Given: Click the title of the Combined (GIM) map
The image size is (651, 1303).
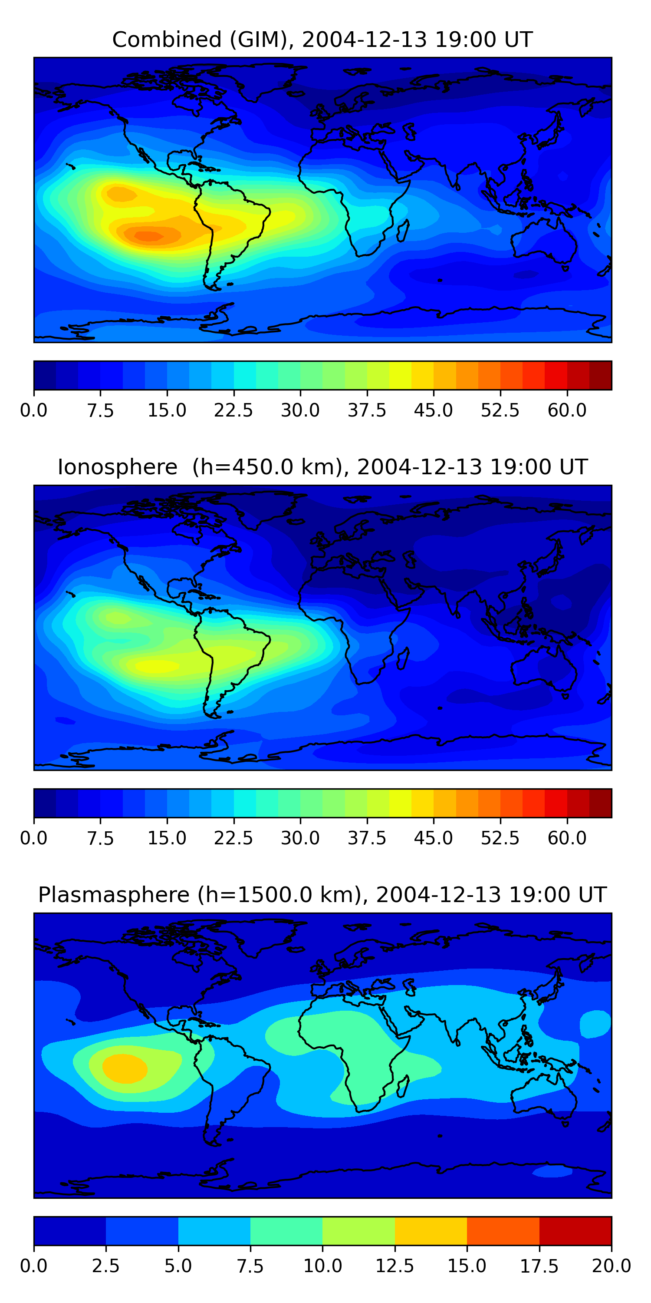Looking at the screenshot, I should [x=322, y=40].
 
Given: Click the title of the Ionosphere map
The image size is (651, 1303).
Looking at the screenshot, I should [x=322, y=467].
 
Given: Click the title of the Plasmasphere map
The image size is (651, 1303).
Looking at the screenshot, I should [x=322, y=894].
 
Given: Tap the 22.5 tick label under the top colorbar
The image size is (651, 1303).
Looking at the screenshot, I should [x=233, y=410].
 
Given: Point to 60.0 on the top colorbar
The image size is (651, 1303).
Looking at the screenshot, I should [x=567, y=410].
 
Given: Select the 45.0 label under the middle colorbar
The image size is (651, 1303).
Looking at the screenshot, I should [x=433, y=838].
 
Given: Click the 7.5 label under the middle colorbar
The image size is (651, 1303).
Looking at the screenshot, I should [x=100, y=838].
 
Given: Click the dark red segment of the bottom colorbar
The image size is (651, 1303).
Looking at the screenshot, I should [x=575, y=1230].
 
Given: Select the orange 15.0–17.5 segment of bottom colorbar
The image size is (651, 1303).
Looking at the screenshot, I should [x=503, y=1230].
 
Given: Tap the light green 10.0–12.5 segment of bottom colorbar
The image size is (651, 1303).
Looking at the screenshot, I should [x=358, y=1230].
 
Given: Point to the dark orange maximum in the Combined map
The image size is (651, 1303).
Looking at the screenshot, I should [x=147, y=236].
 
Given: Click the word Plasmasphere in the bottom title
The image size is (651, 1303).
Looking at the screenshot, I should [x=114, y=894].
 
